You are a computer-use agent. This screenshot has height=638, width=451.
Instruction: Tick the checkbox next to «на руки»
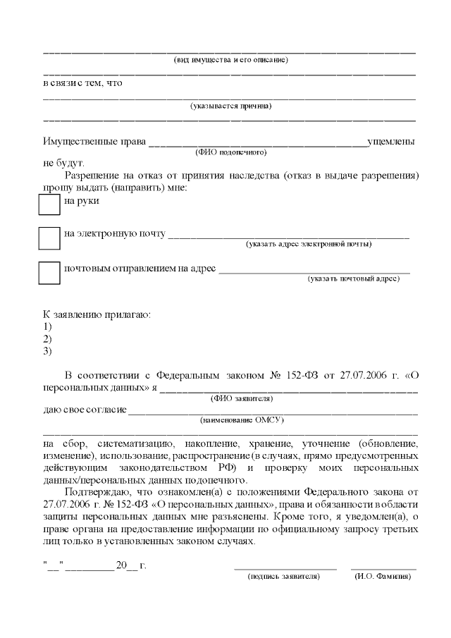[x=49, y=204]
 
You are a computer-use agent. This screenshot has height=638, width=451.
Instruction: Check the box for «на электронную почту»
[x=49, y=238]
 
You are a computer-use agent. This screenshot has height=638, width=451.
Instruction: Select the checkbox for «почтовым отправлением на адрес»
[x=49, y=273]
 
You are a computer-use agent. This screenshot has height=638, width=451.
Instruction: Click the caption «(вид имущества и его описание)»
[x=230, y=60]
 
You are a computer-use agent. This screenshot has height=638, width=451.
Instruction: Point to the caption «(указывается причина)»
[x=230, y=106]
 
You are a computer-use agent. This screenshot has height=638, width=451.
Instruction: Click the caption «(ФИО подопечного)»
[x=230, y=152]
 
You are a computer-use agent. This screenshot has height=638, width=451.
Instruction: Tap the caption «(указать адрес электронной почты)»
[x=309, y=244]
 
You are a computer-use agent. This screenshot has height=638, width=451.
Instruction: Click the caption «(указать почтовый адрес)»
[x=354, y=278]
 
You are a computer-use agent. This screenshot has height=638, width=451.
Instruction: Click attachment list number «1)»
[x=48, y=326]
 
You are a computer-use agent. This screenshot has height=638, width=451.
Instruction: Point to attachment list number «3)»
[x=48, y=350]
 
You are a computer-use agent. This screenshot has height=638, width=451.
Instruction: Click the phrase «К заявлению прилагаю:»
[x=97, y=314]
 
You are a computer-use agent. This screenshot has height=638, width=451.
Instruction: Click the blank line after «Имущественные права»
[x=257, y=143]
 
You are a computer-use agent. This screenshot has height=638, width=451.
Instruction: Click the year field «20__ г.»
[x=131, y=565]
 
